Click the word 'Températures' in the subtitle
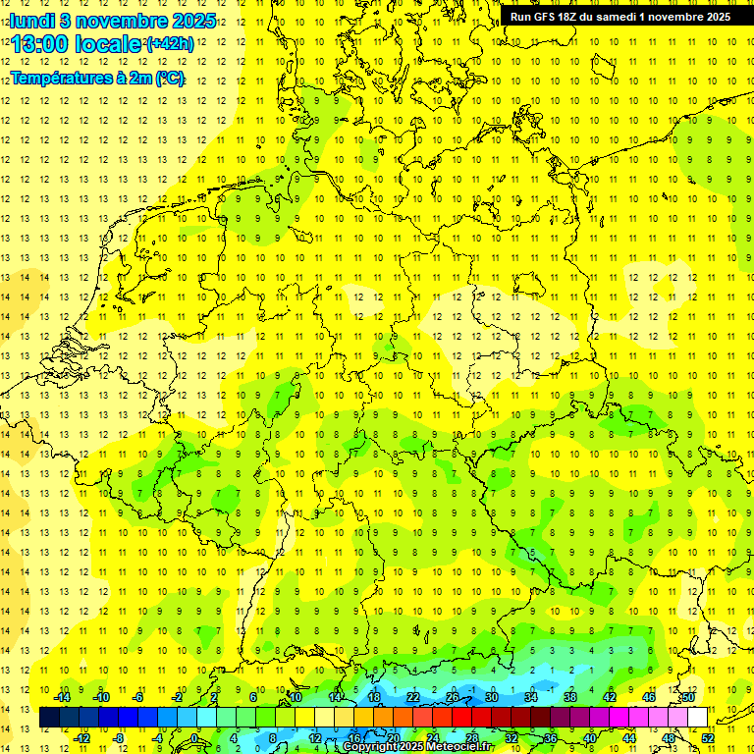tap(58, 78)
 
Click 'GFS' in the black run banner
tap(550, 17)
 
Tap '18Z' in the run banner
tap(576, 17)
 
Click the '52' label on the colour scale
tap(708, 737)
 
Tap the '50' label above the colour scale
tap(688, 697)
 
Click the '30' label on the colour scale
tap(492, 697)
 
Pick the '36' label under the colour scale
tap(551, 737)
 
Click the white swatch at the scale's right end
tap(697, 718)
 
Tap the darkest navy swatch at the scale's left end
tap(50, 718)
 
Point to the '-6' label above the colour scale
tap(138, 697)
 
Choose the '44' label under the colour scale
tap(629, 737)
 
